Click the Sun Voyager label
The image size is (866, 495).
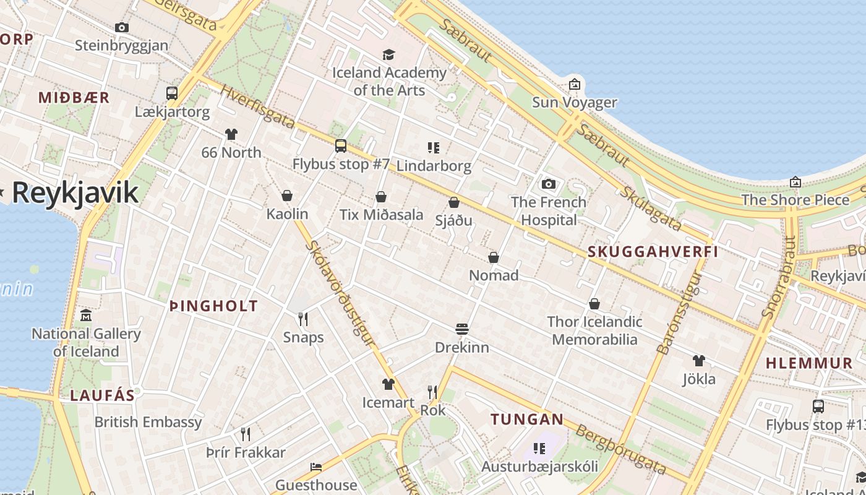(x=575, y=102)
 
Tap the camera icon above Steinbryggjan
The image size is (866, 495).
(x=122, y=27)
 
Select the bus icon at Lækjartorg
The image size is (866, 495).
(x=172, y=93)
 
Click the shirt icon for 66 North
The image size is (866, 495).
(x=231, y=134)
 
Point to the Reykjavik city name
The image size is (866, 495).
(x=75, y=192)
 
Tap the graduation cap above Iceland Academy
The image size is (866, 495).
(x=388, y=54)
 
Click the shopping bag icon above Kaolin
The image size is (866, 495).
(x=287, y=196)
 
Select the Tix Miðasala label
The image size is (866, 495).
(x=382, y=215)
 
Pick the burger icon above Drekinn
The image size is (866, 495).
(x=461, y=329)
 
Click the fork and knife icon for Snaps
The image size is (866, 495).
(x=303, y=319)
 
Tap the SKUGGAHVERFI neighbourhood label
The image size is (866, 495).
(x=653, y=252)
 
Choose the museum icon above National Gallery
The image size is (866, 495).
(x=86, y=316)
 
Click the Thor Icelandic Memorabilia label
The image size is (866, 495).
(x=594, y=330)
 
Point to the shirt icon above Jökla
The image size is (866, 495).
(x=698, y=361)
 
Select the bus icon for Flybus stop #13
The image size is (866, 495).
(x=818, y=407)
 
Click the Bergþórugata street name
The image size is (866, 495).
(x=622, y=449)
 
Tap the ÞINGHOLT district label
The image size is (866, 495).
(x=213, y=306)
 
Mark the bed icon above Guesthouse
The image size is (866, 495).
(x=316, y=467)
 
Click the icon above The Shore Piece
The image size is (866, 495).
(x=795, y=182)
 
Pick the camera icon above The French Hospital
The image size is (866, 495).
(x=548, y=184)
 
